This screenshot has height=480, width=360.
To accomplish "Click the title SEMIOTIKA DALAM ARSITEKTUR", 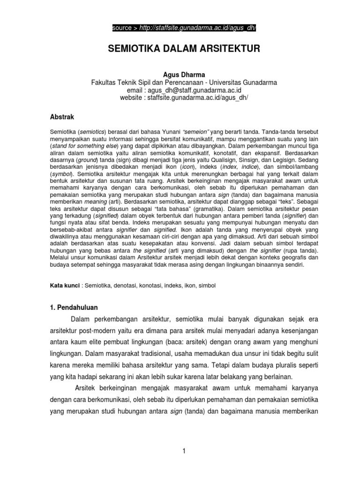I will (180, 49).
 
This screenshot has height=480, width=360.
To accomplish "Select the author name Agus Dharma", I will (180, 75).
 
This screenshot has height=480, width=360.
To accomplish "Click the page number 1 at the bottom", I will (185, 451).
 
